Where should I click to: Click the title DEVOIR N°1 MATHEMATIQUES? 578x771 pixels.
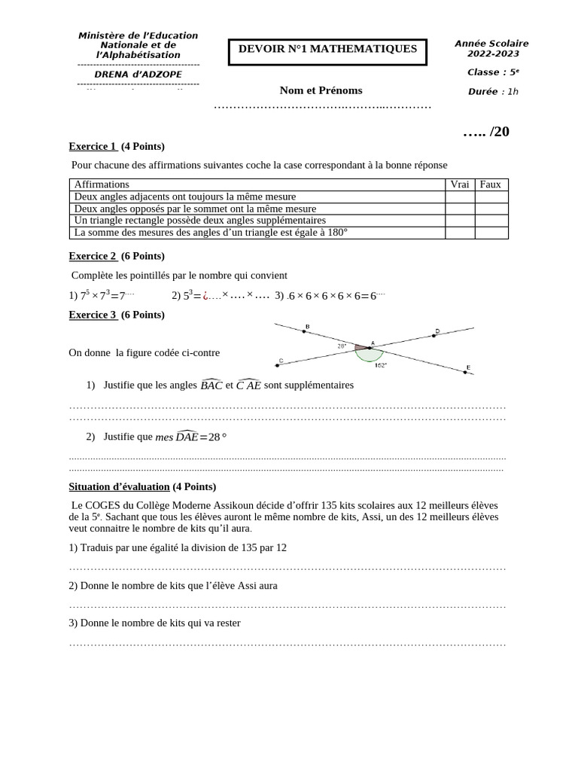pyautogui.click(x=327, y=50)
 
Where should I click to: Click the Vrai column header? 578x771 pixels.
pyautogui.click(x=459, y=184)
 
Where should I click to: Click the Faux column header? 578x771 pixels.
pyautogui.click(x=491, y=184)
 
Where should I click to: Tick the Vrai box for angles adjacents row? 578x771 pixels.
pyautogui.click(x=459, y=197)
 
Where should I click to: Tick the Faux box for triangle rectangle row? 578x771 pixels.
pyautogui.click(x=491, y=221)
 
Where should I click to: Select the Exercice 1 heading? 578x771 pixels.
pyautogui.click(x=93, y=146)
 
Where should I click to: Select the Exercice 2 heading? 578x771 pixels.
pyautogui.click(x=93, y=256)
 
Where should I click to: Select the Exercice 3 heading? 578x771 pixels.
pyautogui.click(x=93, y=315)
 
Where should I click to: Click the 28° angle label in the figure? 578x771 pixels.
pyautogui.click(x=342, y=346)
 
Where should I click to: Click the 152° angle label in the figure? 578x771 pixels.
pyautogui.click(x=380, y=365)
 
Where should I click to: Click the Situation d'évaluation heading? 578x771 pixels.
pyautogui.click(x=119, y=486)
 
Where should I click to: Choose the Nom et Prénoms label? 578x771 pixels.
pyautogui.click(x=321, y=90)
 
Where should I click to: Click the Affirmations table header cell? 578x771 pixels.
pyautogui.click(x=102, y=184)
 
